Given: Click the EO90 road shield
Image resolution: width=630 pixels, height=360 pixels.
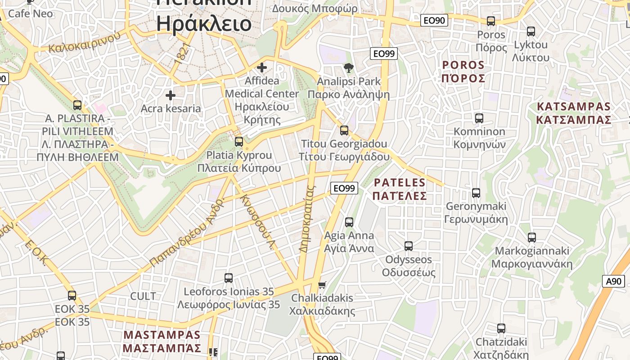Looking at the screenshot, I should (x=434, y=20).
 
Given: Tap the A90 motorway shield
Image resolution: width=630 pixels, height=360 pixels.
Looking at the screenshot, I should (x=613, y=281).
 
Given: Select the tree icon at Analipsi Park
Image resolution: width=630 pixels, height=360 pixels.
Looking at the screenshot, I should (x=348, y=68).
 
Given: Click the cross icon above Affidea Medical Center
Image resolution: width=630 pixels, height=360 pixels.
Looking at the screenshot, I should (x=261, y=67).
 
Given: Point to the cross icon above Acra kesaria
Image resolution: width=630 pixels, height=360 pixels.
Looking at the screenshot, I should (x=171, y=95).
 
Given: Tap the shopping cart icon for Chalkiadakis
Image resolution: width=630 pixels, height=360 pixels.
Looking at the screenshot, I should (x=322, y=285).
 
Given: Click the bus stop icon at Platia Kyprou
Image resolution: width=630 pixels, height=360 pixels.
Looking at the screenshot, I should (x=239, y=141).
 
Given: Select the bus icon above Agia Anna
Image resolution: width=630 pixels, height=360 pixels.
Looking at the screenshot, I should (x=349, y=222).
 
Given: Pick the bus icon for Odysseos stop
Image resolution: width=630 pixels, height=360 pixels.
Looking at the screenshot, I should (x=408, y=246).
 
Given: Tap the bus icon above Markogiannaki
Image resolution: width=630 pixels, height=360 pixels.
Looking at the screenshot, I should (x=531, y=237).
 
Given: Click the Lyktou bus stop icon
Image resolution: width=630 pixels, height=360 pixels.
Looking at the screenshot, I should (x=531, y=31).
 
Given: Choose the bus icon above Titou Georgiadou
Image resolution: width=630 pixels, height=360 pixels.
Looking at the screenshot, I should (x=344, y=130).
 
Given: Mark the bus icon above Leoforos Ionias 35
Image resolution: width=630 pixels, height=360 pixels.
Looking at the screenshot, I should (x=229, y=278).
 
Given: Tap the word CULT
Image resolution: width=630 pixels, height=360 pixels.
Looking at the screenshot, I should (x=143, y=296).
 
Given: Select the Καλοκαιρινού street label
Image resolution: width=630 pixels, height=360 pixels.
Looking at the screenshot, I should (x=85, y=42).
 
